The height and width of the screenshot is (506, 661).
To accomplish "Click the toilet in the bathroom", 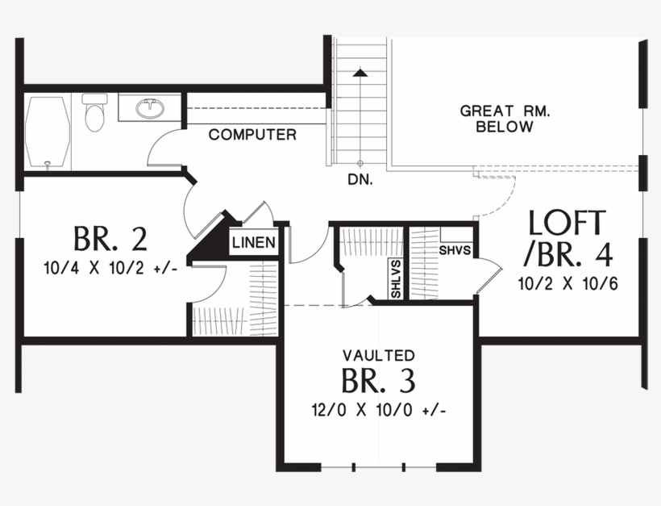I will pos(94,113).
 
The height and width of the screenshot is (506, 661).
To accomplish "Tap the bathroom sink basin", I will pos(150,107).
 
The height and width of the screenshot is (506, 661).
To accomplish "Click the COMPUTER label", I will pos(252,135).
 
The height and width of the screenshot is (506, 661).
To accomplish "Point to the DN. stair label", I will pos(360,180).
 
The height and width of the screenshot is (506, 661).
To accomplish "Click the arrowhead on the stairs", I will pos(360,73).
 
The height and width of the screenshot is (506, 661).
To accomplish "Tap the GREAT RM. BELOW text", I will pos(505,119).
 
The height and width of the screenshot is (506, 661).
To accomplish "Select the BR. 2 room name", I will pos(110,239).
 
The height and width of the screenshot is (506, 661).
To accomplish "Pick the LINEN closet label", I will pos(255,242).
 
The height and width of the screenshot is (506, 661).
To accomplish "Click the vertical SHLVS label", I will pos(396,278).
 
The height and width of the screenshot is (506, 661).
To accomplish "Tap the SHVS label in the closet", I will pos(454,250).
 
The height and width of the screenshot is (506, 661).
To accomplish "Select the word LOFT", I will pos(567,224).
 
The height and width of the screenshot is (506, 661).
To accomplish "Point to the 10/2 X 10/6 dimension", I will pos(568,283).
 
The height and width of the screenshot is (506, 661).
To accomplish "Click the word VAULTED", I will pos(378,355).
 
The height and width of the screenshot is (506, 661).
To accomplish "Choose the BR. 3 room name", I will pos(378,380).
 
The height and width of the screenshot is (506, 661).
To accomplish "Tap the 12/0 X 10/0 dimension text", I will pos(378,409).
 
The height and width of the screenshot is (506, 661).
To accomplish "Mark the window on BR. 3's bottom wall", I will pos(379,467).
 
